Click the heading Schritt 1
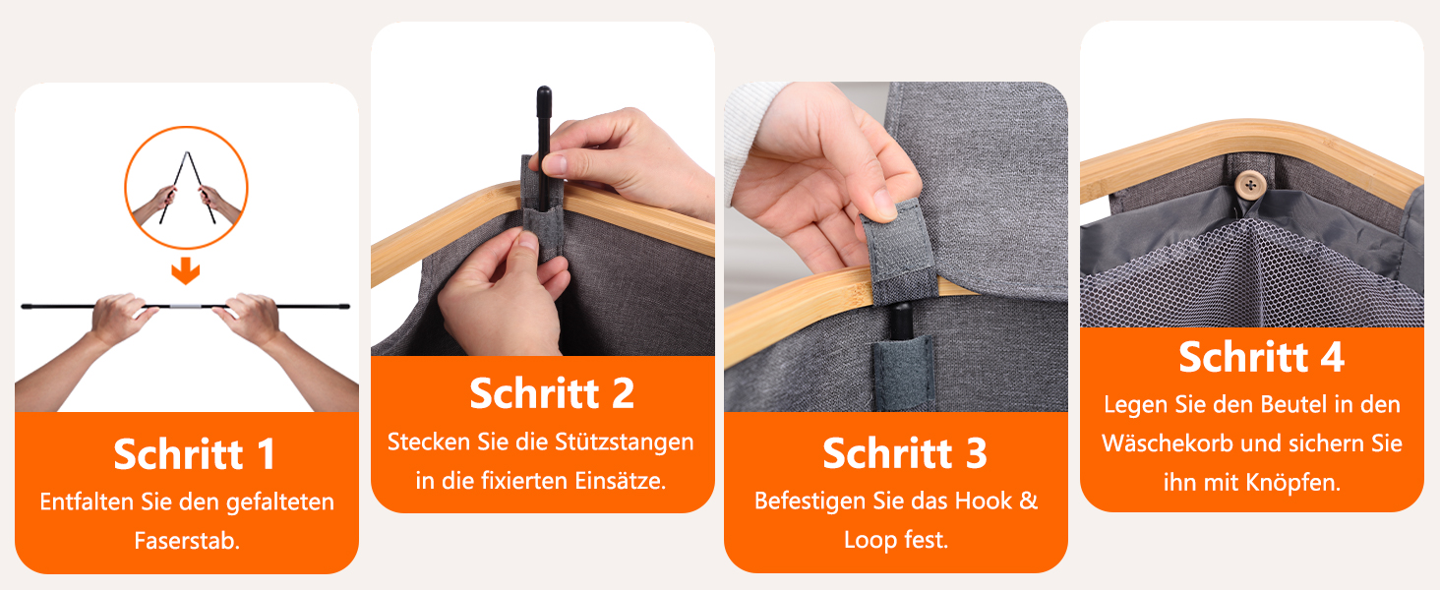coord(194,453)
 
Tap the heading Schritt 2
coord(552,392)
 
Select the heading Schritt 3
coord(905,453)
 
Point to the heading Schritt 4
coord(1261,356)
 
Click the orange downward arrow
coord(186,270)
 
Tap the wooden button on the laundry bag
coord(1250,185)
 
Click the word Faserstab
coord(187,541)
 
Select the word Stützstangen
coord(625,442)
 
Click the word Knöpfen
coord(1293,482)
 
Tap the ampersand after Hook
coord(1029,501)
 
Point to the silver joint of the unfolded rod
coord(186,306)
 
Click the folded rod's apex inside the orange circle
coord(187,153)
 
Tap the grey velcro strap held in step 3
coord(898,248)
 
